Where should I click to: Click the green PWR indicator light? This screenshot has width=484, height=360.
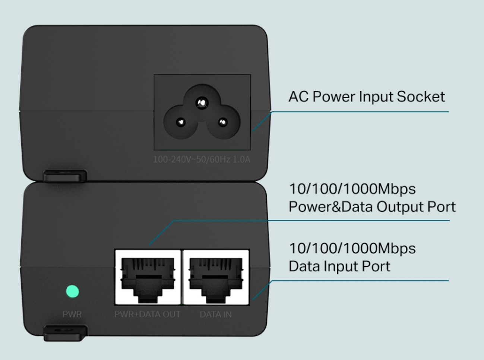(x=72, y=291)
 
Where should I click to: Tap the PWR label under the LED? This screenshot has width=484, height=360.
(x=72, y=314)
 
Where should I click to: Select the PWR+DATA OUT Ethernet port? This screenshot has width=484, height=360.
(x=148, y=277)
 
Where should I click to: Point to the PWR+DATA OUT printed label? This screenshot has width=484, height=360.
(x=147, y=314)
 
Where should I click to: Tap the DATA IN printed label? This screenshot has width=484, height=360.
(x=215, y=314)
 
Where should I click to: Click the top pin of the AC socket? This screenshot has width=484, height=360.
(x=202, y=102)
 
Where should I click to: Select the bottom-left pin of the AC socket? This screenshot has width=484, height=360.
(x=181, y=122)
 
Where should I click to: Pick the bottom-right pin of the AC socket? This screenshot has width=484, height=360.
(x=223, y=122)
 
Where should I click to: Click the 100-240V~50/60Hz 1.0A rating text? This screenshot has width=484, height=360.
(x=202, y=160)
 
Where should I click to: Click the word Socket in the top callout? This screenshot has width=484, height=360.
(x=420, y=97)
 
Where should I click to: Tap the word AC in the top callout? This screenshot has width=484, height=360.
(x=298, y=97)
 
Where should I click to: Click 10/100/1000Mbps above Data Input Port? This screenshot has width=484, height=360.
(x=352, y=249)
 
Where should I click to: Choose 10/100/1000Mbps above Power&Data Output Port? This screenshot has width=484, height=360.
(x=352, y=189)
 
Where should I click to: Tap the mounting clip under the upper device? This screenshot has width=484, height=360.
(x=65, y=176)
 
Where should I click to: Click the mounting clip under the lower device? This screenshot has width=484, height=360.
(x=65, y=332)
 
